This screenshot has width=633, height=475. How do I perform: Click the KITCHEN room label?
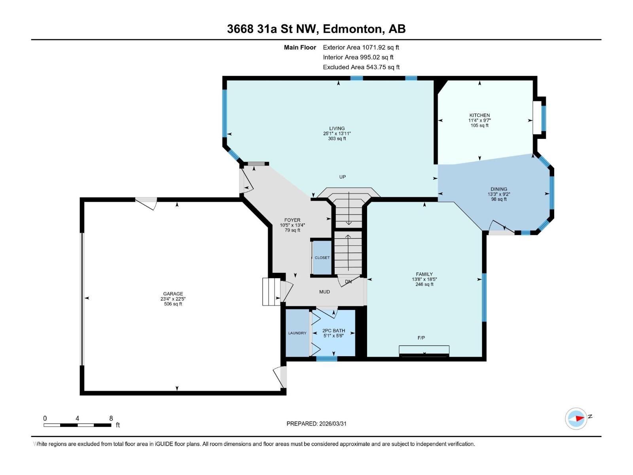479,115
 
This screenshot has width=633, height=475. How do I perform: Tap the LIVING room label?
337,128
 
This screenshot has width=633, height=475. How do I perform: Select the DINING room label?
498,189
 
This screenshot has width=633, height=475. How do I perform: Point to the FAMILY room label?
424,274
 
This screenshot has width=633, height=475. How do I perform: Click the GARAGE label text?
173,294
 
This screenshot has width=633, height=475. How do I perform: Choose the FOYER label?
292,220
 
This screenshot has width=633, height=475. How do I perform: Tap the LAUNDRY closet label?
297,333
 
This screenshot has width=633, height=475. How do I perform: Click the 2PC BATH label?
334,331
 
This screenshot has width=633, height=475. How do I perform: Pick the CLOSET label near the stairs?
322,258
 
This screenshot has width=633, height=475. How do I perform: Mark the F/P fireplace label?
421,337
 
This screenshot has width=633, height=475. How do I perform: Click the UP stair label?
342,177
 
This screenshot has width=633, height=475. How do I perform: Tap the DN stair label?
348,281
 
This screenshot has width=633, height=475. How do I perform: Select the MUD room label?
324,292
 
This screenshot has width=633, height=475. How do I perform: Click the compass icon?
576,418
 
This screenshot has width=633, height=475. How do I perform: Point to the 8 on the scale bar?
111,418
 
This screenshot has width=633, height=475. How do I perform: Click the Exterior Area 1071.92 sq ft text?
361,47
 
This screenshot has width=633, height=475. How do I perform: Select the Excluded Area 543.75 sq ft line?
361,67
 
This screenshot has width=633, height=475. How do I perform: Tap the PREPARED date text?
316,424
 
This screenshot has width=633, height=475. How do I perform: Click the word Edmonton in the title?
354,29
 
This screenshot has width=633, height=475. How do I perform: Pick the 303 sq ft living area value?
337,139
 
